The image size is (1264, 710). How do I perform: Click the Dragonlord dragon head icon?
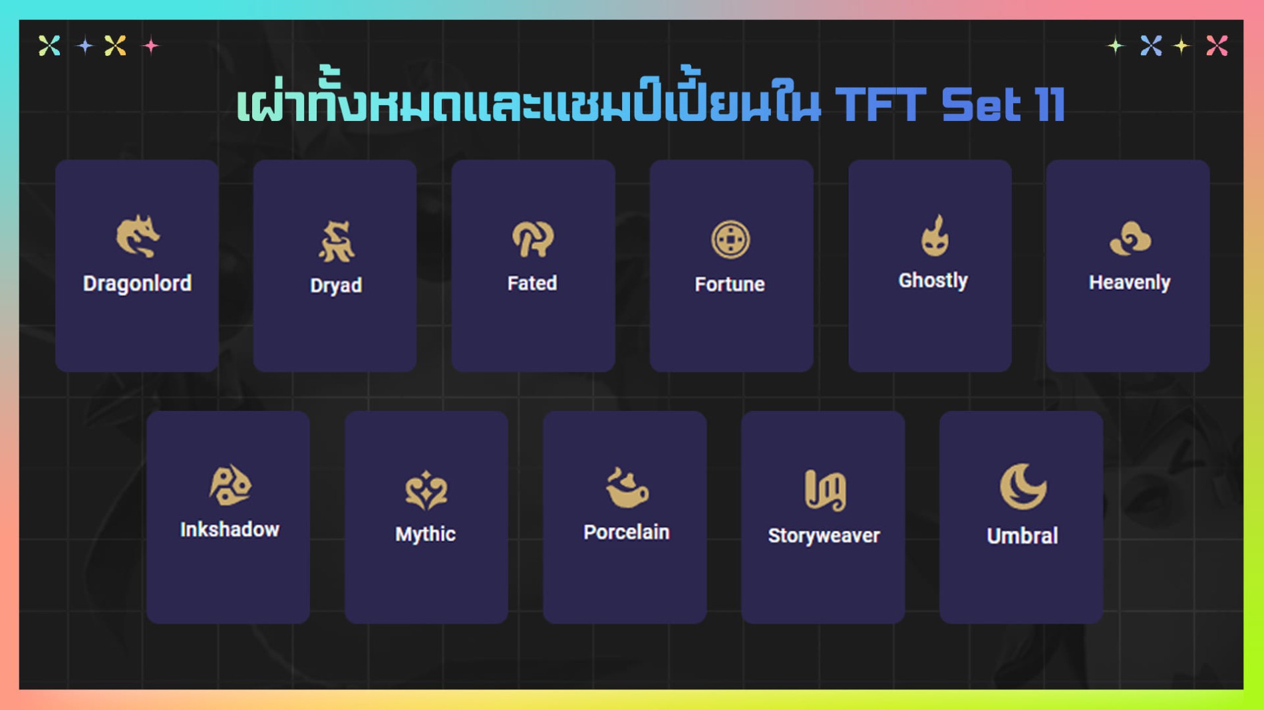(138, 236)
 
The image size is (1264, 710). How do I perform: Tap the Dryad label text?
(336, 286)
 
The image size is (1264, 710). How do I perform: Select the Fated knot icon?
(532, 239)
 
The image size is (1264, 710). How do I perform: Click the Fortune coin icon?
(730, 239)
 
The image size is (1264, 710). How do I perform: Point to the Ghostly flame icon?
(935, 235)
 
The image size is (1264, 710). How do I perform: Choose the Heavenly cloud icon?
(1130, 238)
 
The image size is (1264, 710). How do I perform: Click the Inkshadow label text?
(230, 529)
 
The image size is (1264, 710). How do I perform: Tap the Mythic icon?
(426, 491)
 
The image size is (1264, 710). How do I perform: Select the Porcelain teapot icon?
(627, 488)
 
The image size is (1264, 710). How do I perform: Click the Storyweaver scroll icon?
(825, 490)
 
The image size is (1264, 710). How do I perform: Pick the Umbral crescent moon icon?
(1023, 487)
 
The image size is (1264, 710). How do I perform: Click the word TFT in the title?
(880, 104)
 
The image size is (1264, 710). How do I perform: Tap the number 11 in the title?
(1050, 104)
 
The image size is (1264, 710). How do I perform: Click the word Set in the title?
(981, 104)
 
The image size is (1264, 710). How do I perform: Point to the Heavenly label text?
(1130, 283)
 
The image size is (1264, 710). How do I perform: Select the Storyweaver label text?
(824, 536)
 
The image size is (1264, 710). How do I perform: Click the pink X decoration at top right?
(1217, 45)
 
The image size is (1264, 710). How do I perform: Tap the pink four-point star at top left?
(151, 45)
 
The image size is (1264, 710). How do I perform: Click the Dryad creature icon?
(336, 241)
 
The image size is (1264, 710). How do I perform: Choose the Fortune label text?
(730, 285)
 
